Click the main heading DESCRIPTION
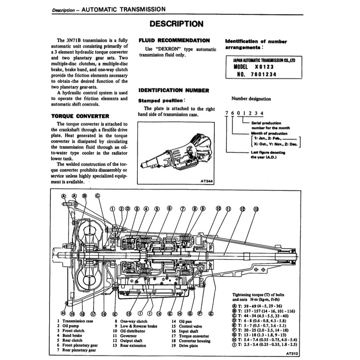click(176, 24)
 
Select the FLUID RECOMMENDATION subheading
click(174, 40)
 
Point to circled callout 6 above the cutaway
click(169, 208)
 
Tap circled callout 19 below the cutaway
click(72, 314)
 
